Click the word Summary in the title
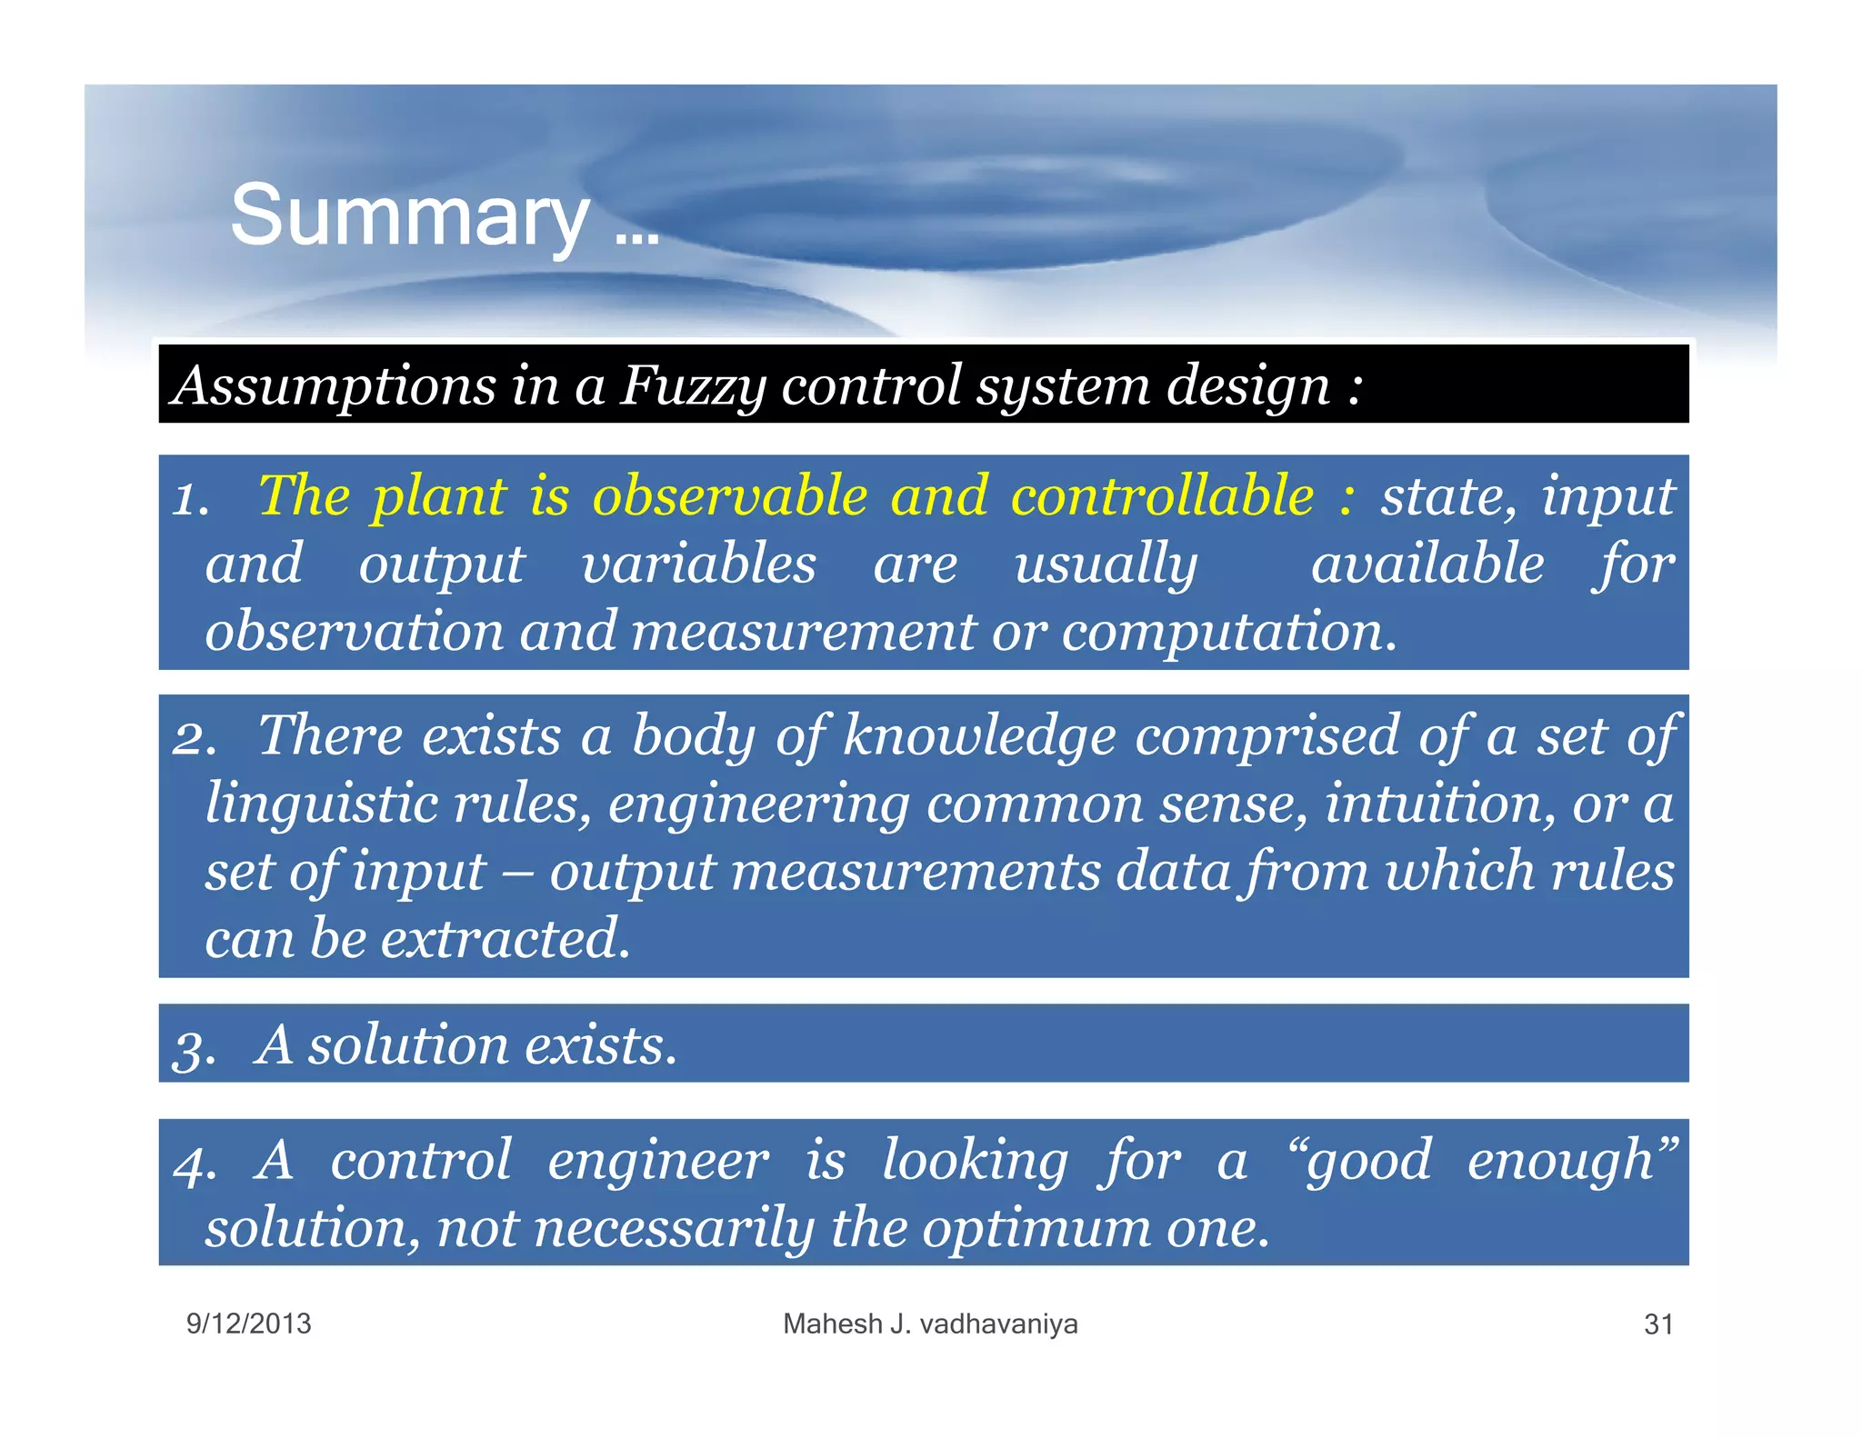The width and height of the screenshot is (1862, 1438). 409,216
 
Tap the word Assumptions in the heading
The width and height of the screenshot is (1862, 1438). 334,385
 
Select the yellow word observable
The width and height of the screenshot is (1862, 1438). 730,496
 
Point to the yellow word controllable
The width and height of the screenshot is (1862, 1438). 1162,496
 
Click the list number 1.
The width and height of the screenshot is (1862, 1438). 190,500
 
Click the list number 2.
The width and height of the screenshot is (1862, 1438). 194,738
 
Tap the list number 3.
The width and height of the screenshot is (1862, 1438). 194,1048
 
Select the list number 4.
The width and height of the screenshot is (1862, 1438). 194,1164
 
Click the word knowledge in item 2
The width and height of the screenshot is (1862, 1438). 978,735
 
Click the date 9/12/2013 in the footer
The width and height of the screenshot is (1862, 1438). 248,1323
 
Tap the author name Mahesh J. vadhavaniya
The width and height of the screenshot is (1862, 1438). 930,1323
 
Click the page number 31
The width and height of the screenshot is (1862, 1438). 1658,1324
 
